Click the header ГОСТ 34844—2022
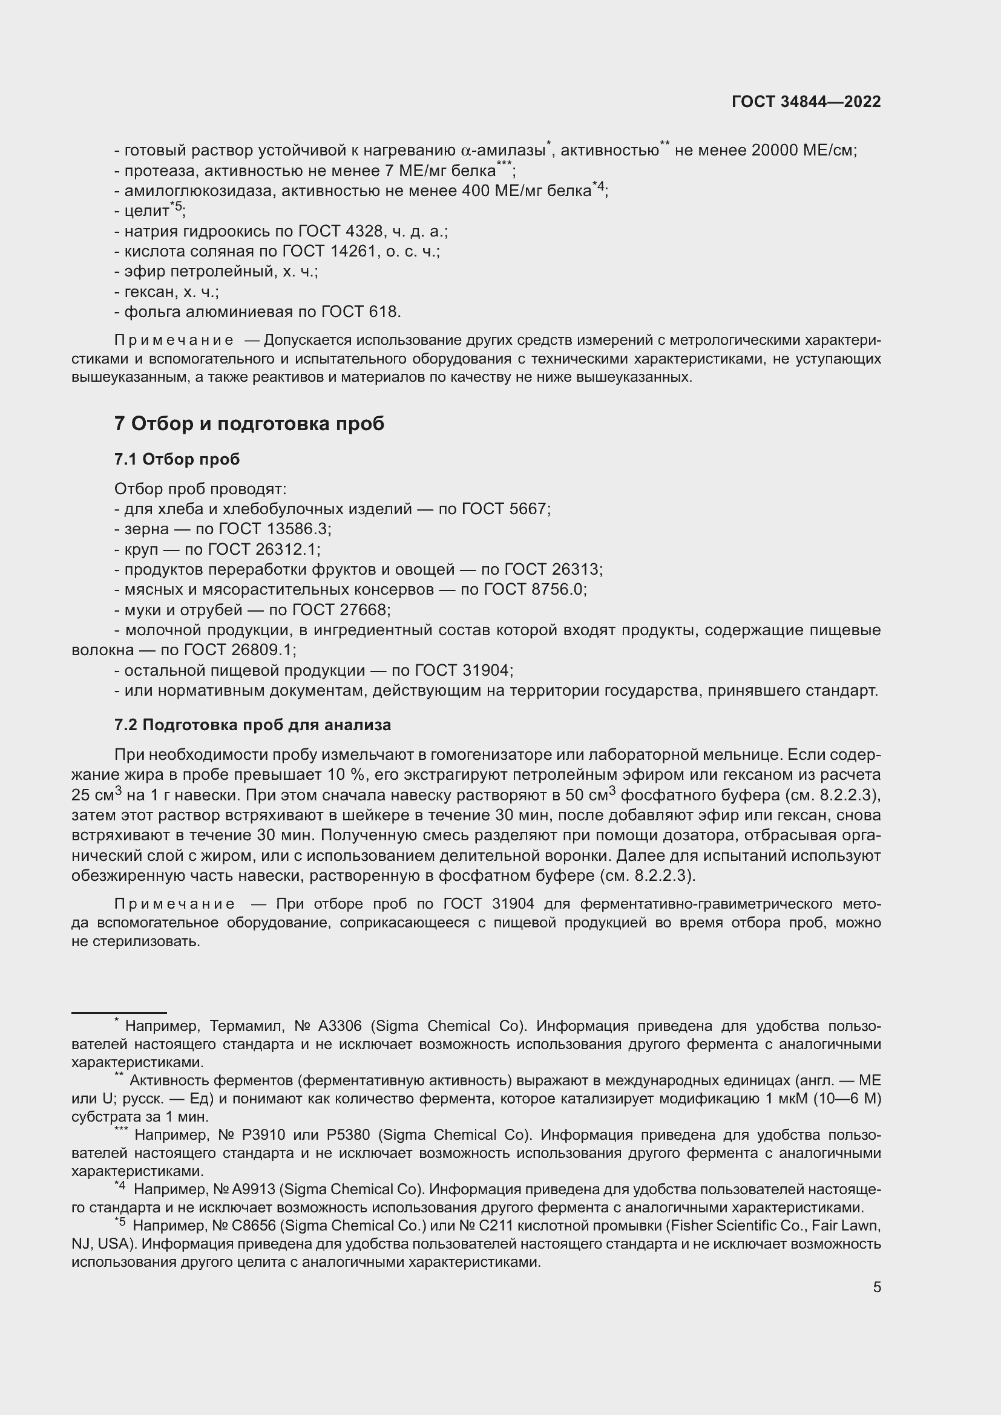click(806, 102)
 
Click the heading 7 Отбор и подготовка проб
click(249, 423)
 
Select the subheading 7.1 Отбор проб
click(177, 459)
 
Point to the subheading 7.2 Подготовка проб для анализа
click(252, 725)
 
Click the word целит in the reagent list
click(146, 211)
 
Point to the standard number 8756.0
click(558, 589)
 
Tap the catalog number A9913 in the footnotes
click(255, 1189)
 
